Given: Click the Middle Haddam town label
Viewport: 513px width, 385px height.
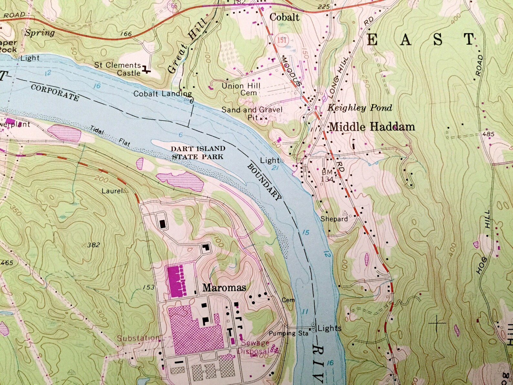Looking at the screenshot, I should pos(372,127).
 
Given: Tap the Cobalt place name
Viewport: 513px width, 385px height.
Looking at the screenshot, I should pos(284,17).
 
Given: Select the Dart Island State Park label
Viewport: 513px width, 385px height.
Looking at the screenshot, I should pos(198,153).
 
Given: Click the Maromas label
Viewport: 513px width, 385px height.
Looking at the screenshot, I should pos(224,287).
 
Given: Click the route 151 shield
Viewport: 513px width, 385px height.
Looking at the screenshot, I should pos(281,40).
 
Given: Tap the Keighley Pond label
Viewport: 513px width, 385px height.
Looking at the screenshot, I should pos(360,108).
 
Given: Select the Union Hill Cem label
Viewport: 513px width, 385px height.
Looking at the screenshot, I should pos(241,89).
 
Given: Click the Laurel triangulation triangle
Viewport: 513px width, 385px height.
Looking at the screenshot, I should pos(126,191).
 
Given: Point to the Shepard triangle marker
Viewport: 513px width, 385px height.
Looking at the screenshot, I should pos(345,213).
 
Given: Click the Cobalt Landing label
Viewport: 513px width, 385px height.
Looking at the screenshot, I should pos(162,94).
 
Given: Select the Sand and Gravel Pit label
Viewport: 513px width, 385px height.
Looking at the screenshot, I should pos(252,113).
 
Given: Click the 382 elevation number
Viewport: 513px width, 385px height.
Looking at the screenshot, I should pos(93,245).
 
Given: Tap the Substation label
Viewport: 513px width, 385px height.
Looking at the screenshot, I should pos(138,338).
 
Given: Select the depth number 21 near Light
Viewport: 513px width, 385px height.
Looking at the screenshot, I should pos(275,168).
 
